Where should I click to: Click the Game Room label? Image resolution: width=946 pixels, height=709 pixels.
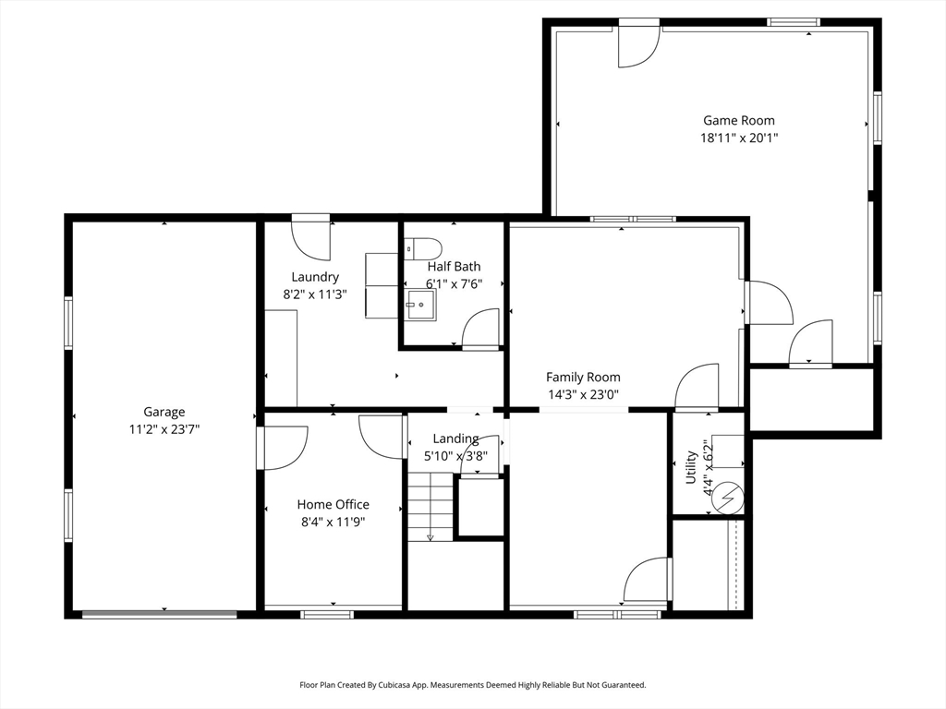(x=738, y=121)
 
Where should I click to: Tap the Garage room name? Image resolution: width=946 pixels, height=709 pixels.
(x=164, y=412)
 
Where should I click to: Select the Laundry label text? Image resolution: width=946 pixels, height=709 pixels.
(x=315, y=277)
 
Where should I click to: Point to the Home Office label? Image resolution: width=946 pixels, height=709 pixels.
(x=333, y=504)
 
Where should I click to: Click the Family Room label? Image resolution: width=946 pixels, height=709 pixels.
(x=583, y=377)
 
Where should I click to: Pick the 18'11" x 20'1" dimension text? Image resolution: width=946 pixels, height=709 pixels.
(x=738, y=138)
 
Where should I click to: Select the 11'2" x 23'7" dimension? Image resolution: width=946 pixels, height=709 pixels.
(x=164, y=429)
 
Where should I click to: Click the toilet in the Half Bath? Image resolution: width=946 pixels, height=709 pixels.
(x=423, y=247)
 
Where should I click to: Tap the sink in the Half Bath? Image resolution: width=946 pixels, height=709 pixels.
(x=420, y=305)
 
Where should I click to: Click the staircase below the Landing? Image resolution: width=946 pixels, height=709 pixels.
(x=431, y=507)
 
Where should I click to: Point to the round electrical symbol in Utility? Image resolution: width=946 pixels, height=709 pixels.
(x=728, y=499)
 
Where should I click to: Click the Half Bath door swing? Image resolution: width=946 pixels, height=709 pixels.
(x=480, y=330)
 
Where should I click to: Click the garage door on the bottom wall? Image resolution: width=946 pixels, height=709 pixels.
(x=159, y=614)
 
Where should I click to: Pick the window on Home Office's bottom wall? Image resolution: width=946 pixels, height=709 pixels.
(x=327, y=614)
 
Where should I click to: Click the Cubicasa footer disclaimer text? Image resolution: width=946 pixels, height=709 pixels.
(x=473, y=685)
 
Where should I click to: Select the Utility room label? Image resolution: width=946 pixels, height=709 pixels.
(x=691, y=466)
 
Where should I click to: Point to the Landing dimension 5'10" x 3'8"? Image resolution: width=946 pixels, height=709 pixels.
(x=455, y=456)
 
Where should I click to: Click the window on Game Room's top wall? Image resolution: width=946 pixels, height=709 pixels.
(x=794, y=22)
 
